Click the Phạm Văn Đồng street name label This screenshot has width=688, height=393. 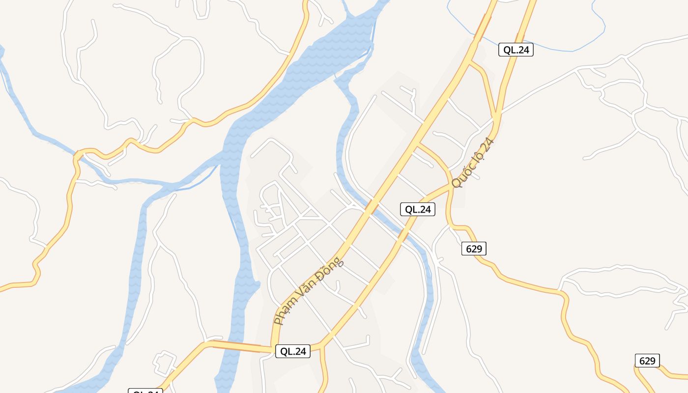tap(309, 291)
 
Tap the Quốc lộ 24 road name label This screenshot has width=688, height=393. tap(472, 163)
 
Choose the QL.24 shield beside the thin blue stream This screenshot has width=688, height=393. tap(516, 50)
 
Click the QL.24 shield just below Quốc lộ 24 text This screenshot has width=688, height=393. tap(417, 209)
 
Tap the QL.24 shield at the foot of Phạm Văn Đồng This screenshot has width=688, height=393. tap(292, 351)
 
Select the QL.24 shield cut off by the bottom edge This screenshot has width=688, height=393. tap(145, 391)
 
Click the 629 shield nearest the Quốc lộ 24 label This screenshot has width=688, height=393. tap(474, 249)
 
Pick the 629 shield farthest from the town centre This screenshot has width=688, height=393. tap(647, 361)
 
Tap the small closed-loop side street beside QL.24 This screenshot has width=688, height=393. tap(165, 363)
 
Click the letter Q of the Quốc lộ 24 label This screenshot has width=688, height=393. tap(456, 183)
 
